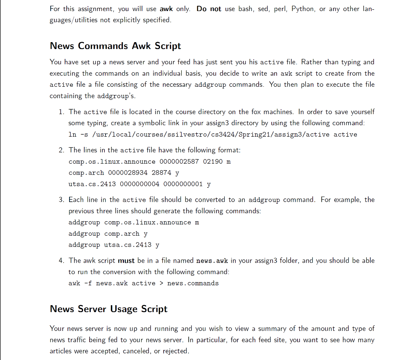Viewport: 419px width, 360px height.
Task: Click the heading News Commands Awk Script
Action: pyautogui.click(x=115, y=46)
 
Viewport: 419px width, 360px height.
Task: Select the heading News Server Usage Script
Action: pyautogui.click(x=108, y=309)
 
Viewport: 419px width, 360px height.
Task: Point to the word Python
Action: pyautogui.click(x=302, y=9)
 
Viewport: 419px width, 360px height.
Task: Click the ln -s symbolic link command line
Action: pyautogui.click(x=213, y=135)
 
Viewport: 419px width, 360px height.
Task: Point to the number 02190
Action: pyautogui.click(x=213, y=162)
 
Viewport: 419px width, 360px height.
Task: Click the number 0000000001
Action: pyautogui.click(x=183, y=184)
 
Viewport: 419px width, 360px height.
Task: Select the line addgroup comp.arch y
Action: pyautogui.click(x=108, y=234)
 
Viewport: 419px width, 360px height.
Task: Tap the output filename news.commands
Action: pyautogui.click(x=193, y=283)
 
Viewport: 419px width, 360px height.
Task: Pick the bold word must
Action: pyautogui.click(x=126, y=261)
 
